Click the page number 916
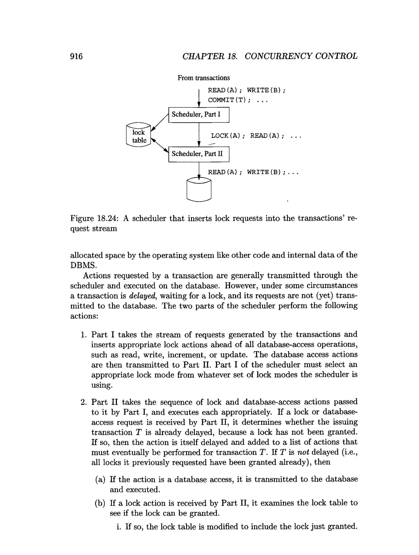pos(76,56)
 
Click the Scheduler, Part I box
pos(198,115)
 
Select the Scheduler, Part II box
pos(198,154)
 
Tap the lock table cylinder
pos(139,135)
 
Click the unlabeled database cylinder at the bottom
pos(199,190)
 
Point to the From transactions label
pos(204,78)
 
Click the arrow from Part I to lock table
pos(160,122)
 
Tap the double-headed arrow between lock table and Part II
pos(160,145)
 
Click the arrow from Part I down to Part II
pos(199,134)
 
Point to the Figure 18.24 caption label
pos(94,218)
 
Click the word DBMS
pos(83,265)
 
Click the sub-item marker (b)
pos(100,503)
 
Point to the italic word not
pos(303,452)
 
